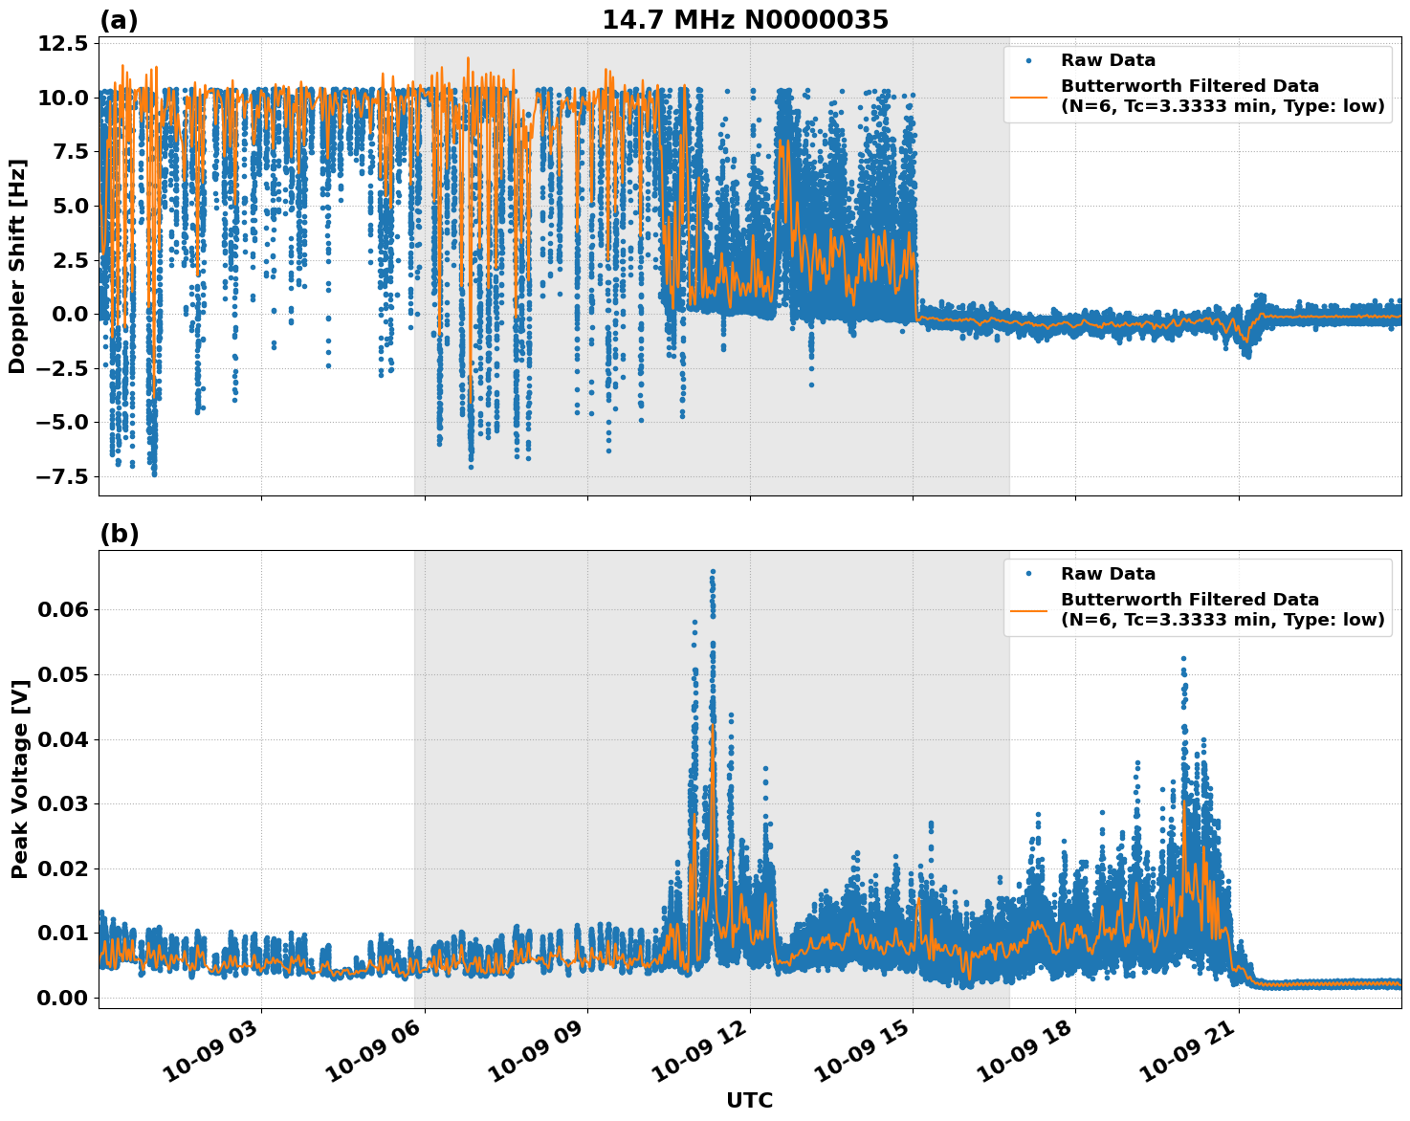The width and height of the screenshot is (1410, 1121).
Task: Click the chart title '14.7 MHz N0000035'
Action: pos(744,20)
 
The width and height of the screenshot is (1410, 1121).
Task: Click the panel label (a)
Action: pos(119,21)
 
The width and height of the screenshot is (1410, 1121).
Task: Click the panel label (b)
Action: pos(119,535)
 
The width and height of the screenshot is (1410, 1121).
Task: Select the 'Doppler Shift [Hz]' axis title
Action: pos(17,266)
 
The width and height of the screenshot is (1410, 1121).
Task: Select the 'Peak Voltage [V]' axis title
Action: pos(19,779)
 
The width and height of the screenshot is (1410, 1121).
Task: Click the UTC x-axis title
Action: pos(749,1100)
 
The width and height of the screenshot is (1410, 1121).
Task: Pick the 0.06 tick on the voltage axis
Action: pos(64,609)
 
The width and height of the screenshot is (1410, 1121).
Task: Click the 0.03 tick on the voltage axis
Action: pos(64,803)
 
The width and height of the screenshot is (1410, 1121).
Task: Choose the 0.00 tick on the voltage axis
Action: pos(64,998)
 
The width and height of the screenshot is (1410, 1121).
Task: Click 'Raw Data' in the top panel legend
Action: pos(1108,60)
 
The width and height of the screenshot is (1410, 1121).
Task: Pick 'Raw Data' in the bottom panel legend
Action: pos(1108,574)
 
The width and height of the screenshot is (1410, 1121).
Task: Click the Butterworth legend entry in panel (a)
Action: pos(1222,96)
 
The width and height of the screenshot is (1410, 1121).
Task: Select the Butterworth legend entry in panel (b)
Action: pos(1222,609)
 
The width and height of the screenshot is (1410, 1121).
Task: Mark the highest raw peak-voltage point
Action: pos(713,571)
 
